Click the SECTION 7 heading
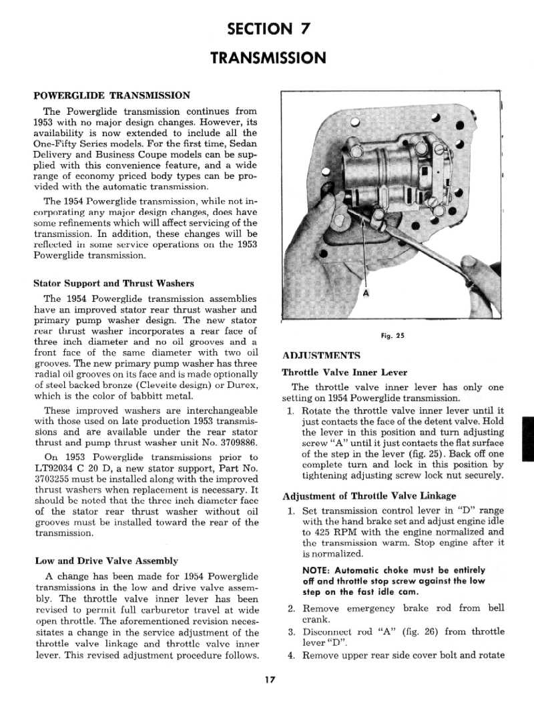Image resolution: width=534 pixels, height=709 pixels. pos(268,29)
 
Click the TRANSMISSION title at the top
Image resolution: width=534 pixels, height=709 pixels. pos(268,58)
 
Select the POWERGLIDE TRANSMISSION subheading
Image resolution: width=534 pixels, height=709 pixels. pos(111,95)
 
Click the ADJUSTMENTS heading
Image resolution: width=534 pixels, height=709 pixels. pos(321,355)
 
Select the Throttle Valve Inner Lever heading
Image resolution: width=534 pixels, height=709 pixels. pos(344,373)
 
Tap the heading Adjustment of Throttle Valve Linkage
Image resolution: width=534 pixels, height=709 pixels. pos(369,495)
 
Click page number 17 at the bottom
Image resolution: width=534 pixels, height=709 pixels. pos(269,680)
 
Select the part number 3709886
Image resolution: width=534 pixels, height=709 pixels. pos(235,443)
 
